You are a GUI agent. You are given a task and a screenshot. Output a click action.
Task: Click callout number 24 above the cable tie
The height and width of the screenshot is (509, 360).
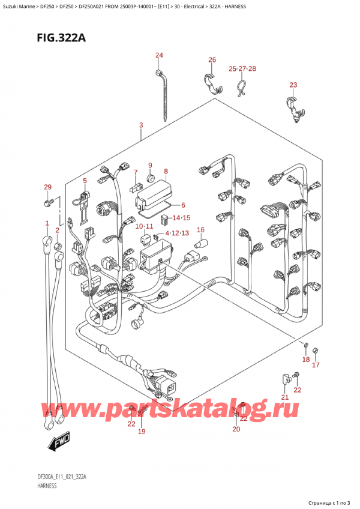pyautogui.click(x=159, y=56)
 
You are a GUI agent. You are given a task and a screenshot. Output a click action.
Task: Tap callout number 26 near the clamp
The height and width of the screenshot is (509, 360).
pyautogui.click(x=212, y=59)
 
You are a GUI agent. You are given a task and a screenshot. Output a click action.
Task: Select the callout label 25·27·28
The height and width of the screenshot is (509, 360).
pyautogui.click(x=242, y=69)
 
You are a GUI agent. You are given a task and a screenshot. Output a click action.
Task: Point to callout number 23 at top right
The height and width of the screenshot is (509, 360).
pyautogui.click(x=293, y=85)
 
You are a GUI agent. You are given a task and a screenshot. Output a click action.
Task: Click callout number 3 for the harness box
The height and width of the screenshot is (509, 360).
pyautogui.click(x=140, y=125)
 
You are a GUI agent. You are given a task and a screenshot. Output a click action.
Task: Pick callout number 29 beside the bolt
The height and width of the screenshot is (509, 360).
pyautogui.click(x=48, y=188)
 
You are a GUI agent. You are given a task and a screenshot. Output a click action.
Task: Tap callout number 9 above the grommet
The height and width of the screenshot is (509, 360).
pyautogui.click(x=151, y=165)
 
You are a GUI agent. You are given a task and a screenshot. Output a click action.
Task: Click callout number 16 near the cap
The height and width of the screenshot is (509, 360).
pyautogui.click(x=201, y=229)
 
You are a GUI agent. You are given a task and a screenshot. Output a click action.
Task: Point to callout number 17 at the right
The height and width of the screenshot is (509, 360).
pyautogui.click(x=316, y=364)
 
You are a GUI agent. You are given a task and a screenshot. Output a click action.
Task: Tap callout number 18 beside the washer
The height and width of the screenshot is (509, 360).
pyautogui.click(x=306, y=360)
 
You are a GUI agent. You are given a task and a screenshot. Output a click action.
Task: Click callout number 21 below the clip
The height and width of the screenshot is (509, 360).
pyautogui.click(x=285, y=397)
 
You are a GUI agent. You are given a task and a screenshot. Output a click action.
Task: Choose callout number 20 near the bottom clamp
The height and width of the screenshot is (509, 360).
pyautogui.click(x=236, y=429)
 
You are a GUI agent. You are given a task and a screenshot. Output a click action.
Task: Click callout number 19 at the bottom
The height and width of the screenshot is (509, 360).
pyautogui.click(x=142, y=431)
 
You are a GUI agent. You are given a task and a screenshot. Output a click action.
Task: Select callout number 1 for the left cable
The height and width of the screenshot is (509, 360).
pyautogui.click(x=47, y=223)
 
